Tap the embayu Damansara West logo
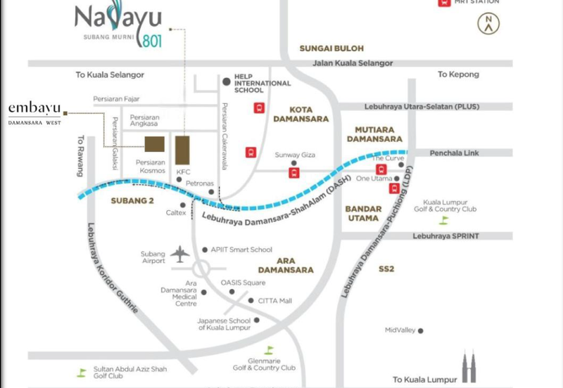(x=34, y=112)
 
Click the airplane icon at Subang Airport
(x=181, y=253)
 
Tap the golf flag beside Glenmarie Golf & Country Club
(x=268, y=350)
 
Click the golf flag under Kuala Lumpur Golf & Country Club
(x=443, y=220)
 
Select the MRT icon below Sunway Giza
(x=293, y=172)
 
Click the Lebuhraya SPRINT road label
(x=447, y=237)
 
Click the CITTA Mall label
(x=275, y=300)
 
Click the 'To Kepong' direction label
(x=457, y=75)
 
